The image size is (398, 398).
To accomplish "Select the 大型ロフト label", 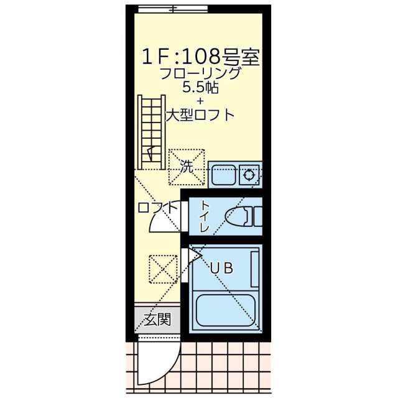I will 200,115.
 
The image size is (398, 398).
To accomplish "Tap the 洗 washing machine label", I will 187,167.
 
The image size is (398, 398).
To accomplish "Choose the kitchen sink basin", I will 223,175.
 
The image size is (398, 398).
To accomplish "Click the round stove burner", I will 251,175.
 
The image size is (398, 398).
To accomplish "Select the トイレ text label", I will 204,218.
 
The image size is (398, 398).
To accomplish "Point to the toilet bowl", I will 239,217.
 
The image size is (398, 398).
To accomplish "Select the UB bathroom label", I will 221,269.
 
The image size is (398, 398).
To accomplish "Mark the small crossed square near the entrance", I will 163,269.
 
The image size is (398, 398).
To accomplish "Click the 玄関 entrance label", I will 158,320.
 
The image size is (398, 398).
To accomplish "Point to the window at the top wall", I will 173,9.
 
